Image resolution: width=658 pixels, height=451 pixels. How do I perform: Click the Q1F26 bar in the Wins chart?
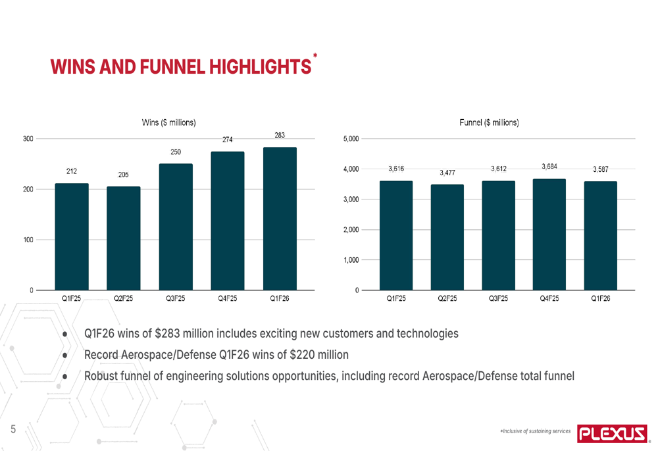279,219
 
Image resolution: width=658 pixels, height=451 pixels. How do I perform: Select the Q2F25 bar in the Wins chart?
124,238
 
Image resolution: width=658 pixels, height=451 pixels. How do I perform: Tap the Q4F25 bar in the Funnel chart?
549,234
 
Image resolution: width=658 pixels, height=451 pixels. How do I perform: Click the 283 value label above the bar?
280,136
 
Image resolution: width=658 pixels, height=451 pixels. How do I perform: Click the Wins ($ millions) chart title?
168,122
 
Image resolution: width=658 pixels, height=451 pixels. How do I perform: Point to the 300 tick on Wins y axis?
28,139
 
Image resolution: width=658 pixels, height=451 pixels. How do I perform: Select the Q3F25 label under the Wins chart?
175,298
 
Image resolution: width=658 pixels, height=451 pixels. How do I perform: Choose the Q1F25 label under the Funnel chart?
395,298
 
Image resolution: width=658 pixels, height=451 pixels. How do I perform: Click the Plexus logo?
613,433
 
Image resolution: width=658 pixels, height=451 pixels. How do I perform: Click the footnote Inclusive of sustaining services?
536,431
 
